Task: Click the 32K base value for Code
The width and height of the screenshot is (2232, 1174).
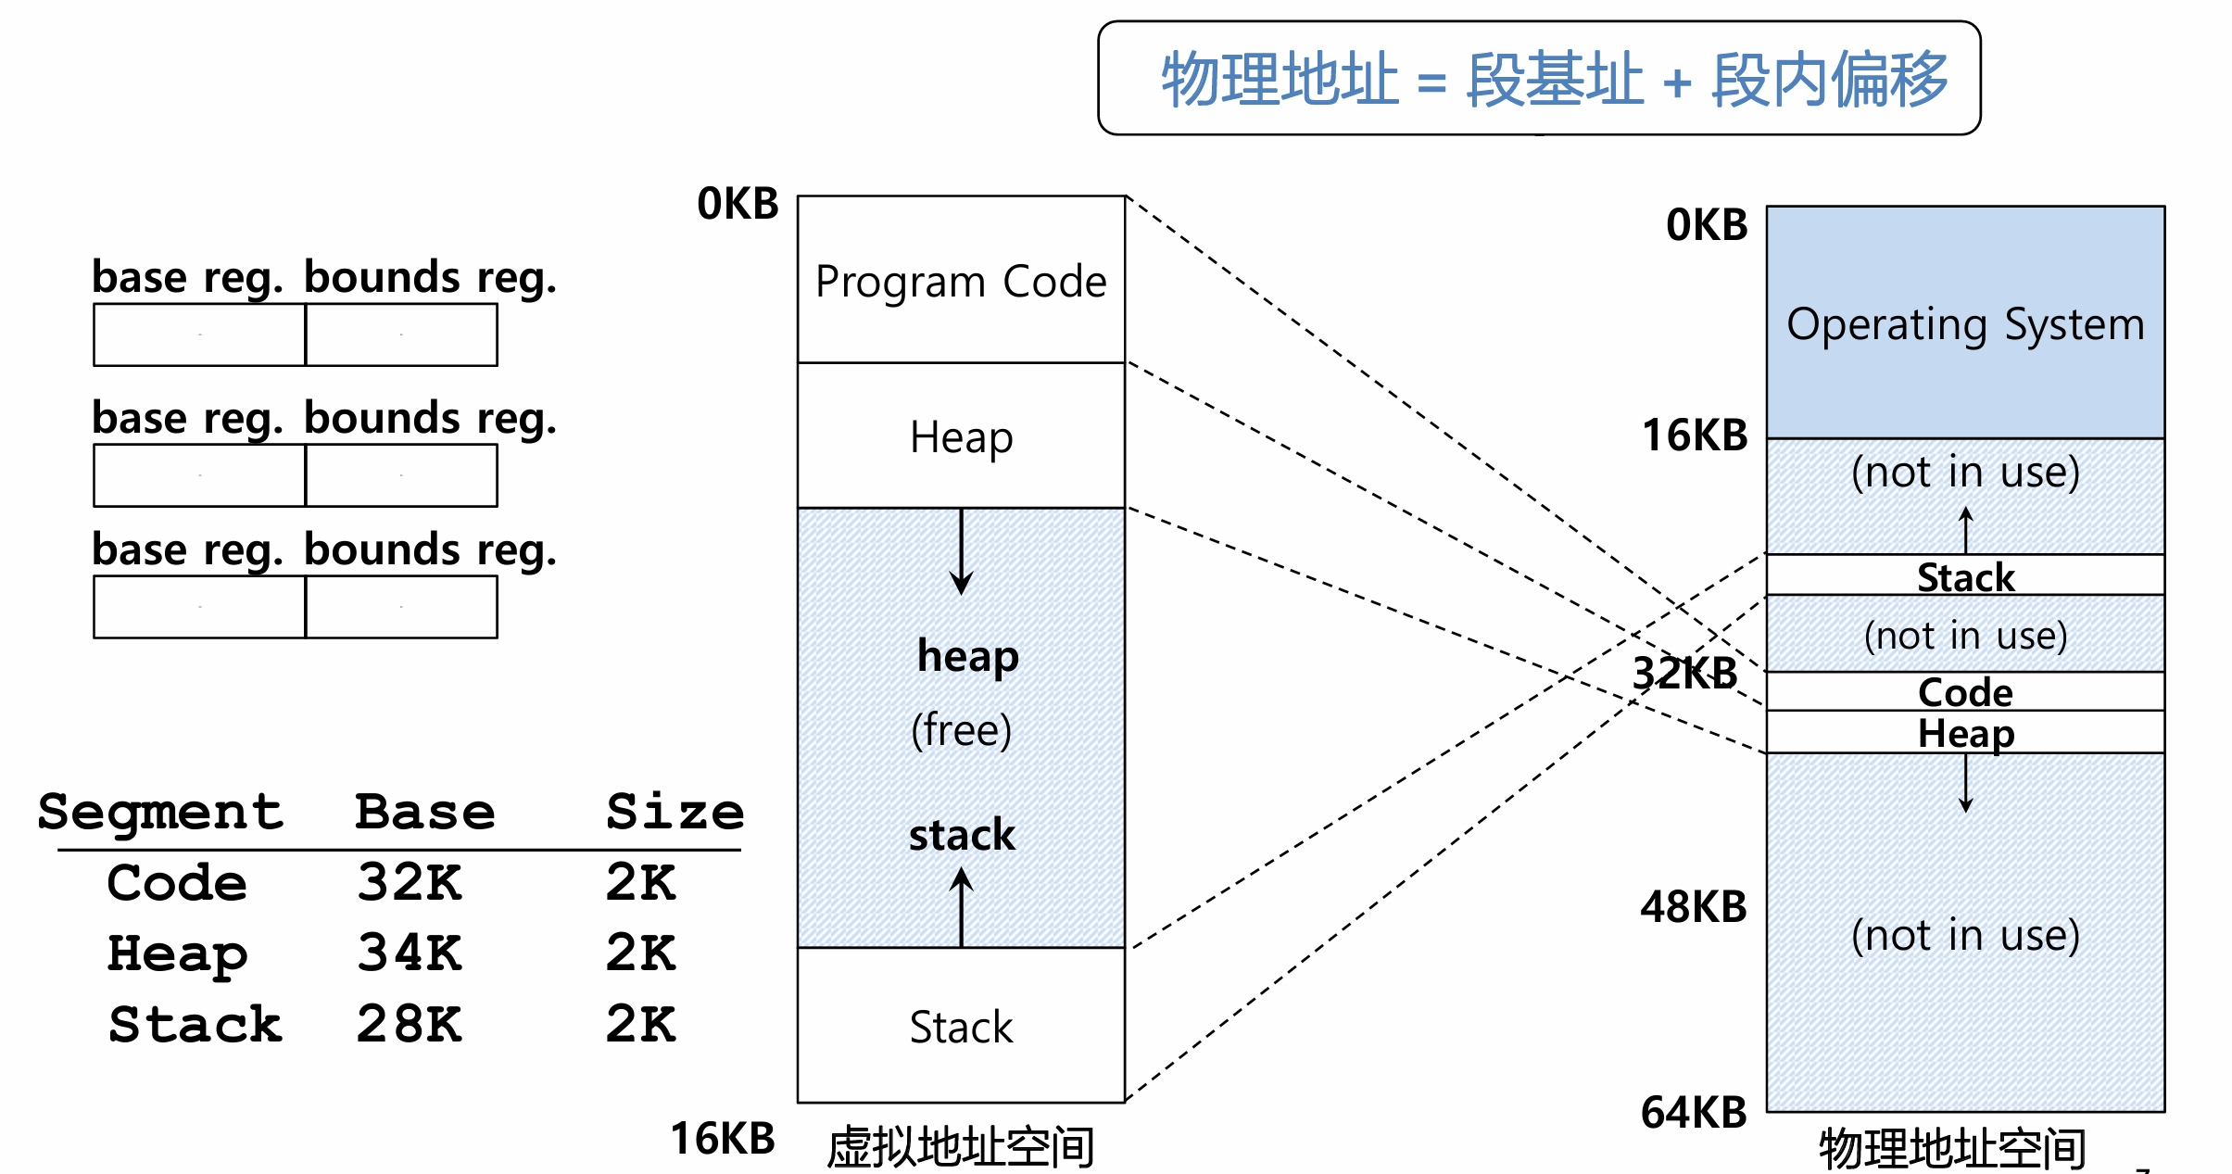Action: tap(409, 881)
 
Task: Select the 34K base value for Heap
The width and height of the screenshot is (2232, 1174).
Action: tap(409, 953)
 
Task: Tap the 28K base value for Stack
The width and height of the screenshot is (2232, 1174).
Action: tap(409, 1024)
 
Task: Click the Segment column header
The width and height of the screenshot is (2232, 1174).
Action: tap(160, 813)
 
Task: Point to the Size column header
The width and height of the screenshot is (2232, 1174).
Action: tap(675, 812)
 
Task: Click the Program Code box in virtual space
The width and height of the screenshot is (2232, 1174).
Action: tap(961, 280)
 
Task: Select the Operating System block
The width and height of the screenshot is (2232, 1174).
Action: tap(1964, 322)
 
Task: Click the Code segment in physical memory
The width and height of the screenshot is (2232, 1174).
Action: tap(1964, 691)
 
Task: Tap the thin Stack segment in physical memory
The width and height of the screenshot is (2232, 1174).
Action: tap(1964, 575)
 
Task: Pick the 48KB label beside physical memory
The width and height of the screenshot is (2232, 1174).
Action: tap(1693, 906)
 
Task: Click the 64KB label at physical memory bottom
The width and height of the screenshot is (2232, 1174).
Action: tap(1693, 1112)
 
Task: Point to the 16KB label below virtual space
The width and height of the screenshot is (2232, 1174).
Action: tap(723, 1138)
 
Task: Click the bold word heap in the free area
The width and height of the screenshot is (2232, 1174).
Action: tap(967, 656)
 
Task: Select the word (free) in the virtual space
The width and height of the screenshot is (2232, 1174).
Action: tap(961, 730)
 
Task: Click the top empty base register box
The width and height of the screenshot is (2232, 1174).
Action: tap(199, 335)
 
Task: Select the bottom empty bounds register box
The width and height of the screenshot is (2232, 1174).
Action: tap(401, 607)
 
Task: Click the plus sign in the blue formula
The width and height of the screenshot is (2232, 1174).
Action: tap(1677, 82)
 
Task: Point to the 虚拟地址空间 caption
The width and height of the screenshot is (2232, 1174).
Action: tap(960, 1147)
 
